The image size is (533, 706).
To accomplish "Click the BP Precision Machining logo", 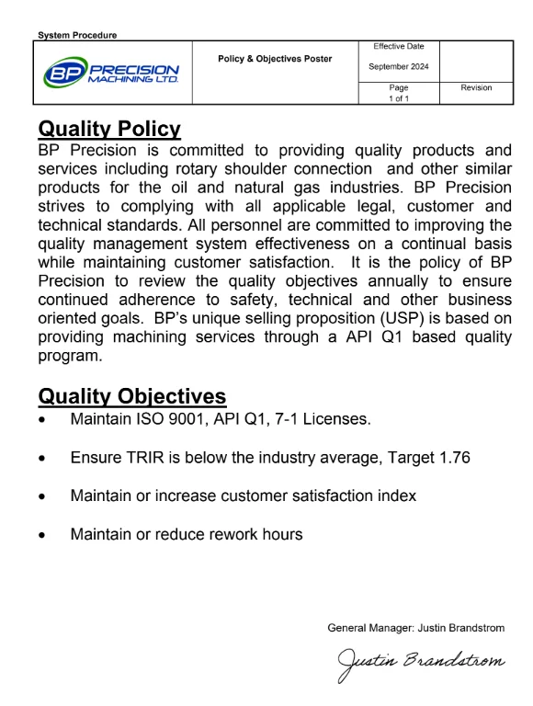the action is [112, 72].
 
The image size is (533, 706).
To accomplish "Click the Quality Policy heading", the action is [109, 129].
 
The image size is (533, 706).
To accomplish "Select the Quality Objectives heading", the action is [131, 396].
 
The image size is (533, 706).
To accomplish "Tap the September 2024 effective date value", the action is [399, 66].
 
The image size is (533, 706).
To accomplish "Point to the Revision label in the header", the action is [475, 88].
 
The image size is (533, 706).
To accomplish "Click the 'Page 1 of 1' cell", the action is [399, 93].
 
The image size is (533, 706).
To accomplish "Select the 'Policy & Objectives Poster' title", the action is [275, 60].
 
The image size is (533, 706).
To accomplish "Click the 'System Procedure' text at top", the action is [78, 36].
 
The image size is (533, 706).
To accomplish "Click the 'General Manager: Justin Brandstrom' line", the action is [415, 628].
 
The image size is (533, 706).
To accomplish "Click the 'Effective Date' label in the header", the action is [399, 46].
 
